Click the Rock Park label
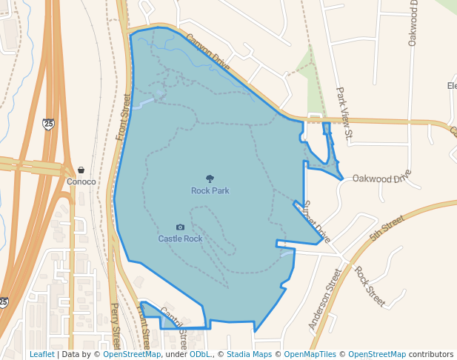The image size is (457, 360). [x=210, y=190]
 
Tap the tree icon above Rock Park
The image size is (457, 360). [x=210, y=179]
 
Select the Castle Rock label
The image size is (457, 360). [x=180, y=239]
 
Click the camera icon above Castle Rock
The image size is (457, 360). [x=180, y=227]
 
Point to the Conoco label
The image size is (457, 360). [x=81, y=181]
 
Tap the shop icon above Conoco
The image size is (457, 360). [x=81, y=170]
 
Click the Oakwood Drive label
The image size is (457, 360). [x=381, y=178]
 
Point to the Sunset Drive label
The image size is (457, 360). [x=316, y=221]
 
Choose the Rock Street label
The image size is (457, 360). [x=370, y=286]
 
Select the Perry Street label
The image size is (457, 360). [x=116, y=326]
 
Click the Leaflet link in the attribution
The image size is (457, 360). [x=41, y=354]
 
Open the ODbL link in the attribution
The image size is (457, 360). [x=201, y=354]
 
